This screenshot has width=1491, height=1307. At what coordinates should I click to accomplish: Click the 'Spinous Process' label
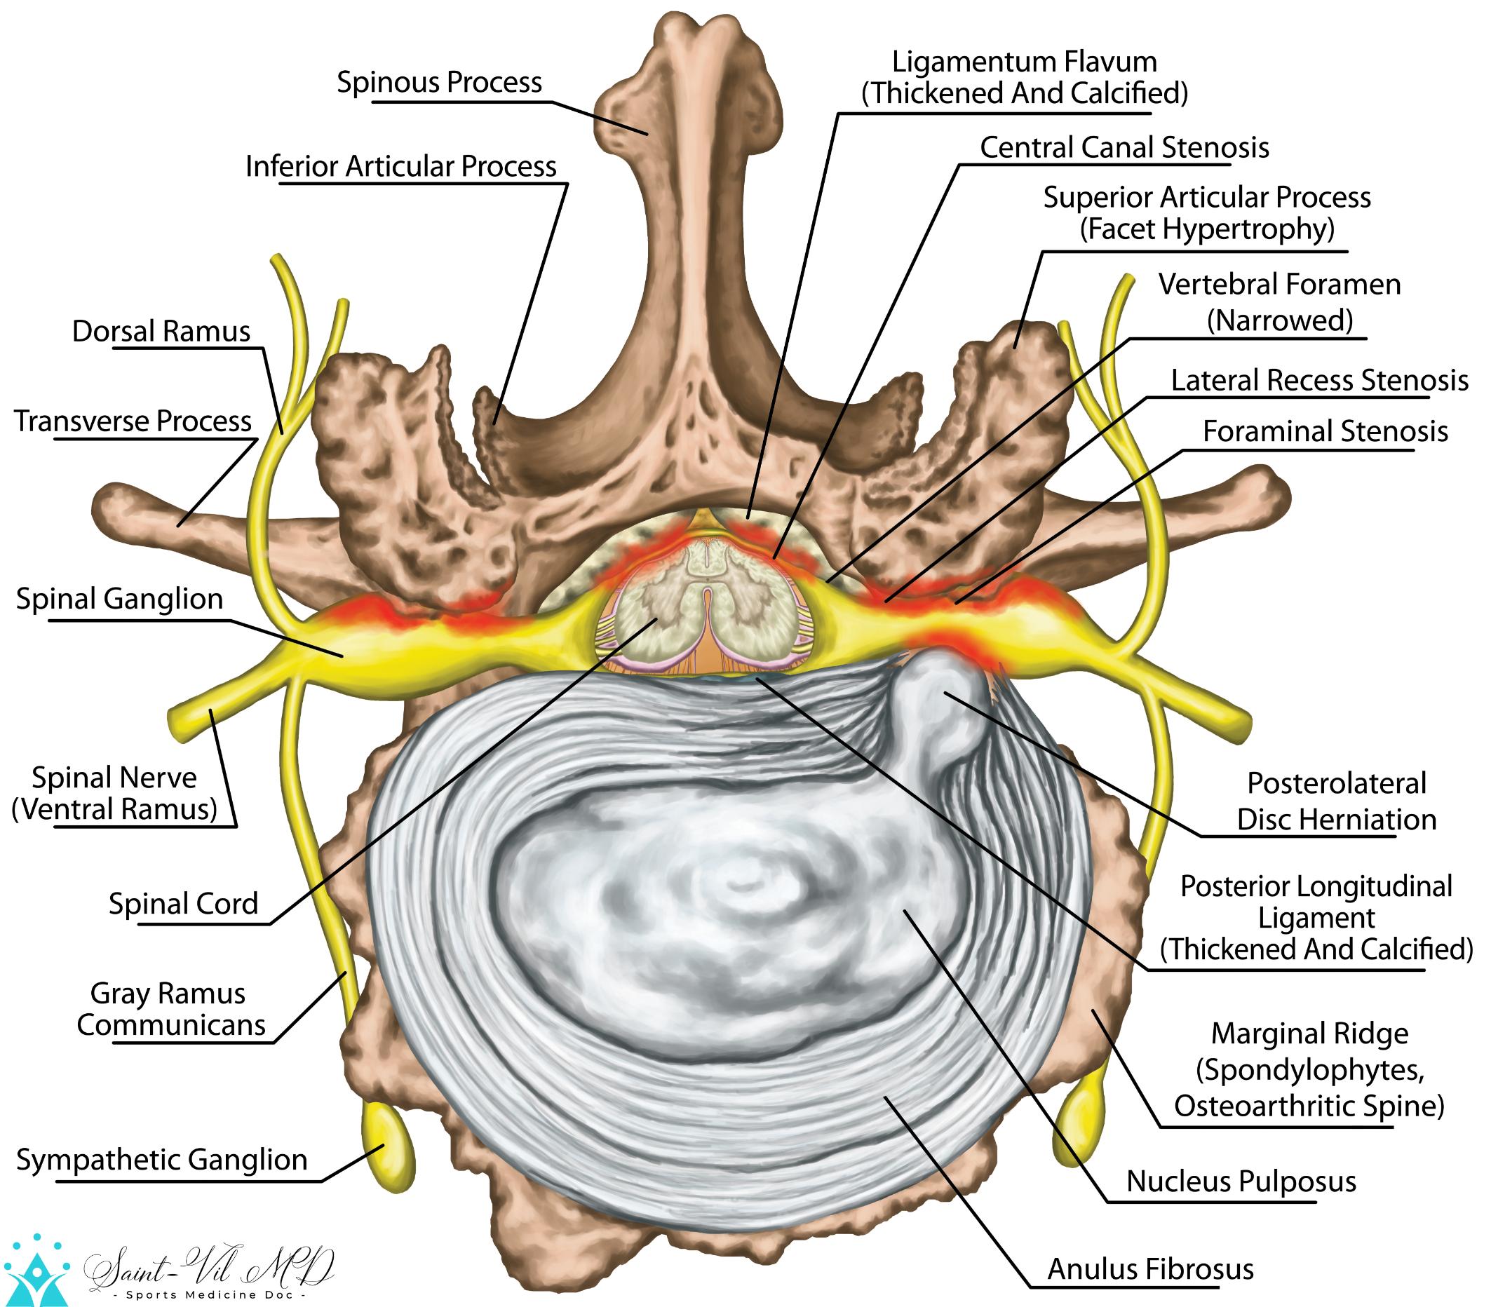[x=438, y=83]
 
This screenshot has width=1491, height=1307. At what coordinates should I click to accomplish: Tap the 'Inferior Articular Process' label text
[x=400, y=166]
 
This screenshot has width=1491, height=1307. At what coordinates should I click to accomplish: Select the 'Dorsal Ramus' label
[x=161, y=331]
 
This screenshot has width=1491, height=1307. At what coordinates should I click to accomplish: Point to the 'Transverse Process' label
[x=133, y=421]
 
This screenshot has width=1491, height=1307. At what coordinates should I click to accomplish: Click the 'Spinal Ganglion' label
[x=120, y=599]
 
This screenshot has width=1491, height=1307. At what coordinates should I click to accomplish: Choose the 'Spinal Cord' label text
[x=184, y=904]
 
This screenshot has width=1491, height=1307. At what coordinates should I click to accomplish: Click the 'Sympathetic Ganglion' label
[x=162, y=1159]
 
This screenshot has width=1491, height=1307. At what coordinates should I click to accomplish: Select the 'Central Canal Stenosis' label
[x=1124, y=147]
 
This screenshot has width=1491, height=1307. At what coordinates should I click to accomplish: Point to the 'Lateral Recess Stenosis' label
[x=1319, y=380]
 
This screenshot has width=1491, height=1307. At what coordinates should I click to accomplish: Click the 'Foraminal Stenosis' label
[x=1325, y=431]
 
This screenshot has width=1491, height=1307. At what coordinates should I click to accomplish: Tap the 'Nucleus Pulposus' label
[x=1241, y=1181]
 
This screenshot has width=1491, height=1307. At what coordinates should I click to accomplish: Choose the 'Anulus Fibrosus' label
[x=1150, y=1269]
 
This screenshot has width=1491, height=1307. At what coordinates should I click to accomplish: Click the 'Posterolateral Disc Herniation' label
[x=1335, y=801]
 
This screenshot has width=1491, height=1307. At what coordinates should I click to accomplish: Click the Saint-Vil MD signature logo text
[x=212, y=1268]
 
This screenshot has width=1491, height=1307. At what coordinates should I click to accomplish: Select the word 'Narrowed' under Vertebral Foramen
[x=1279, y=320]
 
